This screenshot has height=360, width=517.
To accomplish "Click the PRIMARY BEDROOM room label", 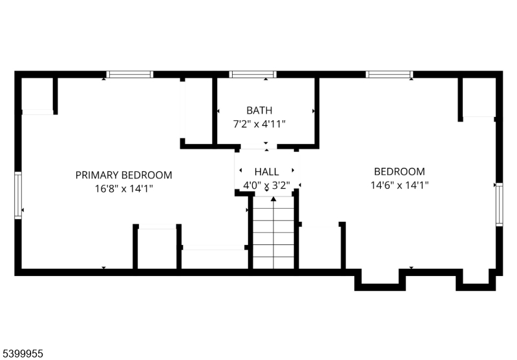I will pyautogui.click(x=123, y=175).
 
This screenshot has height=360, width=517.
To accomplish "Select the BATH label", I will pyautogui.click(x=259, y=111).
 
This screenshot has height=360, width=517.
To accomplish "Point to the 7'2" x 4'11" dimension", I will pyautogui.click(x=259, y=123).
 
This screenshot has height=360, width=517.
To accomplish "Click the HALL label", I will pyautogui.click(x=266, y=172).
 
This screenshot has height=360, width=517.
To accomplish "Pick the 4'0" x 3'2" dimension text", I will pyautogui.click(x=266, y=185).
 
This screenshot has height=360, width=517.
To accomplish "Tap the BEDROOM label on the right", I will pyautogui.click(x=399, y=171).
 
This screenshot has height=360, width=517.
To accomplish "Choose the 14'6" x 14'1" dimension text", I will pyautogui.click(x=399, y=185).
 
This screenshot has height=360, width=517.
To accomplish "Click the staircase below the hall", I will pyautogui.click(x=273, y=233).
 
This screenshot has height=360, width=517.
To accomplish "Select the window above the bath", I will pyautogui.click(x=253, y=74).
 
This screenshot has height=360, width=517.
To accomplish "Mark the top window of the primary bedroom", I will pyautogui.click(x=130, y=74).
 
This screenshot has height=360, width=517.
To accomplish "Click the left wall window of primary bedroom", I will pyautogui.click(x=18, y=195).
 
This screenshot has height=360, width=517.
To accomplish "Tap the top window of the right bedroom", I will pyautogui.click(x=389, y=74).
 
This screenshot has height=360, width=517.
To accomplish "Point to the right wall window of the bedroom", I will pyautogui.click(x=499, y=204).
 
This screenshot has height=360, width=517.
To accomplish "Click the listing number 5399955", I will pyautogui.click(x=23, y=354).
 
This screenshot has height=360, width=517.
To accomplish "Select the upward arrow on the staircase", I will pyautogui.click(x=273, y=200).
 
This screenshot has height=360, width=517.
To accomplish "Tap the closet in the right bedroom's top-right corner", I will pyautogui.click(x=478, y=98).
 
